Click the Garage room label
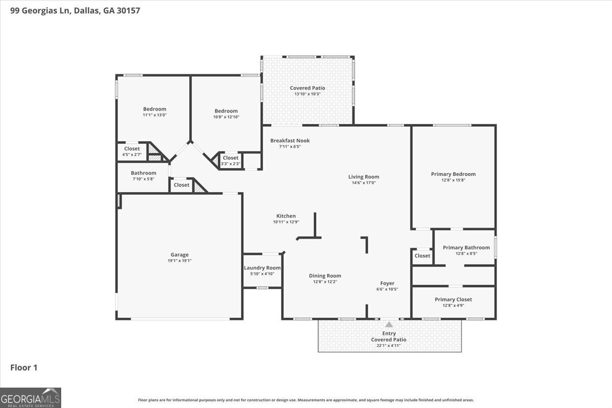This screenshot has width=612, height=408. [x=180, y=254]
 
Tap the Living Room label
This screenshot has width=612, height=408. [x=364, y=177]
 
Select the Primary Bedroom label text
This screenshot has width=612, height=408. [x=453, y=174]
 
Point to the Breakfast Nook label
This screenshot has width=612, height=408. [x=290, y=141]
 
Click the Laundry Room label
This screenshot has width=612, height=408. [x=262, y=268]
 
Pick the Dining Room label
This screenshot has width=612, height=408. [x=325, y=276]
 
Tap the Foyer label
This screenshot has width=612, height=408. [x=387, y=284]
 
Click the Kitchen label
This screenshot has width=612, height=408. [x=286, y=216]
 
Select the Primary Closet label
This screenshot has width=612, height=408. [x=453, y=299]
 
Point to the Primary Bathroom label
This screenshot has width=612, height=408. [x=466, y=247]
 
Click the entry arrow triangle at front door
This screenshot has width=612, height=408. [x=389, y=324]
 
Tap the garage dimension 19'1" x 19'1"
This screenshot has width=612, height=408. [x=180, y=261]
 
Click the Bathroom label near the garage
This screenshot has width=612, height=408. [x=143, y=173]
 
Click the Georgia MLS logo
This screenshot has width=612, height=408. [x=31, y=397]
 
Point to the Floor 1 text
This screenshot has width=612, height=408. [x=24, y=367]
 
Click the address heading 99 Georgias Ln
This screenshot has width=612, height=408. [x=75, y=10]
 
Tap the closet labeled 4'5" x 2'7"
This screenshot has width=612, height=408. [x=132, y=154]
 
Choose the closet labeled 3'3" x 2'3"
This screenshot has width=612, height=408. [x=230, y=164]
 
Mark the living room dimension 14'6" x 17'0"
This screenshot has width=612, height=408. [x=364, y=183]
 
